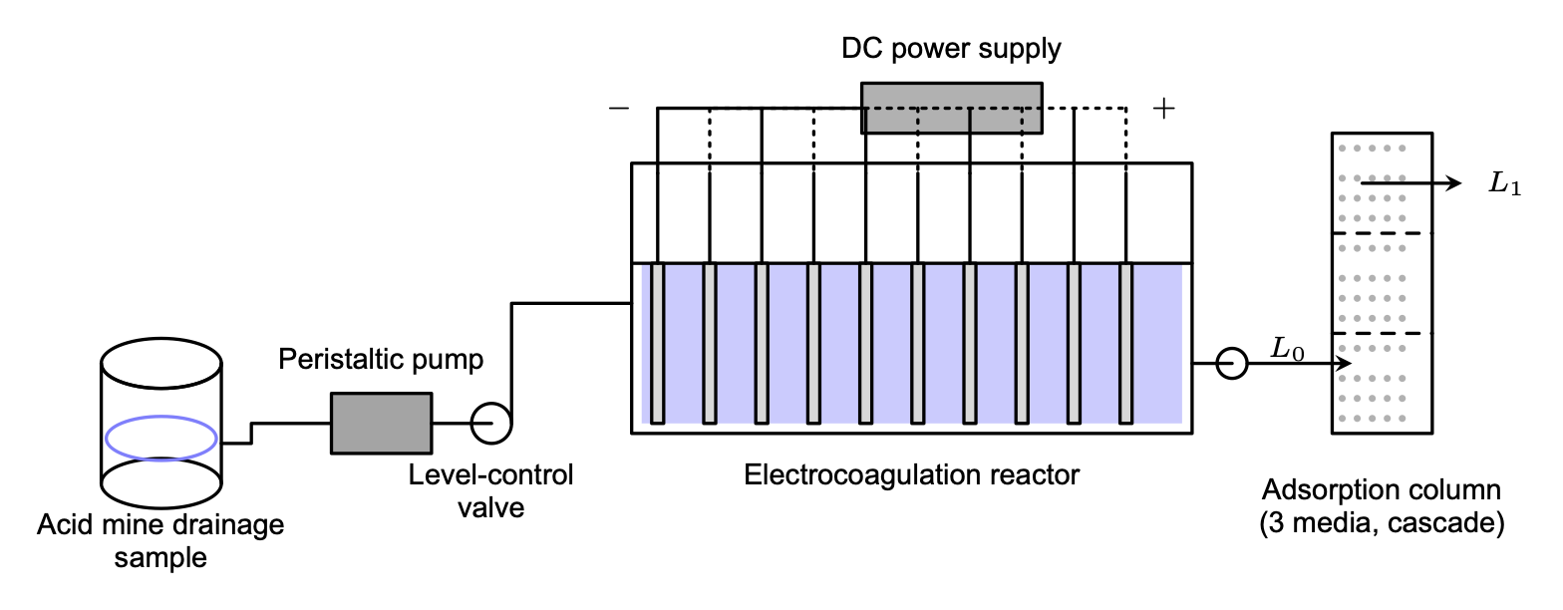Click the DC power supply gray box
[951, 108]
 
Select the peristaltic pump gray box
[381, 423]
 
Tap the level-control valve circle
[491, 423]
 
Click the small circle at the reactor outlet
[1232, 364]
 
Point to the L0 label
[1287, 349]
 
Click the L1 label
[1504, 184]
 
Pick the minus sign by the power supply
[619, 108]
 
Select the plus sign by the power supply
[1163, 109]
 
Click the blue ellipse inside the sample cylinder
[161, 438]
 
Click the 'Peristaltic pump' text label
[381, 359]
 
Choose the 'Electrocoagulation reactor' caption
[911, 474]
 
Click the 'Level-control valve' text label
[490, 490]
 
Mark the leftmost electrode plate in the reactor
[657, 343]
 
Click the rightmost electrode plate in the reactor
[1125, 343]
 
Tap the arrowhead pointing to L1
[1454, 183]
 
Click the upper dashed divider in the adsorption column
[1383, 233]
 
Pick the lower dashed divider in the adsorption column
[1383, 333]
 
